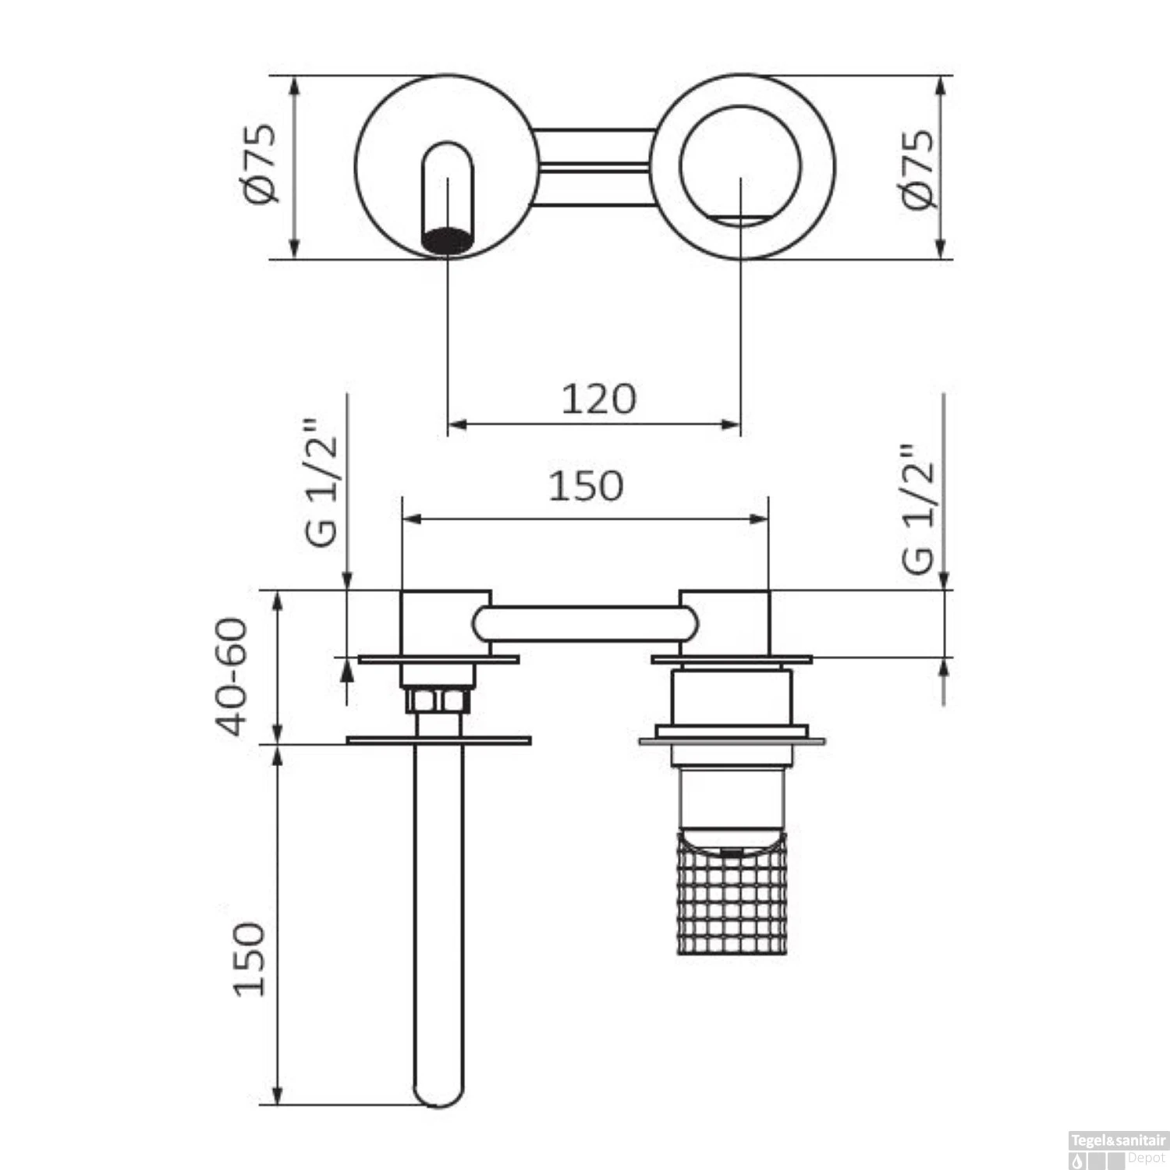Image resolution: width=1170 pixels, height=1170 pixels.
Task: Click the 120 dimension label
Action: (598, 399)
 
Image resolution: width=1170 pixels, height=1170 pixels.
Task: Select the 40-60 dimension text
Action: (232, 677)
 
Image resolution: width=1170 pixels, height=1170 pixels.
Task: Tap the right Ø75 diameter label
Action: (917, 168)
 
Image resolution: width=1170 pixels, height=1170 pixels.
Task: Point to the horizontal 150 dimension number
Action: (585, 486)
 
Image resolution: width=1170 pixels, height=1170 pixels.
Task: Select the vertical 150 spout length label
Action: (250, 959)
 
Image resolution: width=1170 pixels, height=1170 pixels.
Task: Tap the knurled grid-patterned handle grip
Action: (732, 897)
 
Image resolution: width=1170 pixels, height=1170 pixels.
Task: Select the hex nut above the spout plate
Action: (438, 700)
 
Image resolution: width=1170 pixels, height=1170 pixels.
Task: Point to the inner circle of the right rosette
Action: (740, 165)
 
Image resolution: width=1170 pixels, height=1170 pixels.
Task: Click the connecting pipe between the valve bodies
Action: (585, 624)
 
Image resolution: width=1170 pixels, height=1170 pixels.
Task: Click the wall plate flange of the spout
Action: (438, 739)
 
